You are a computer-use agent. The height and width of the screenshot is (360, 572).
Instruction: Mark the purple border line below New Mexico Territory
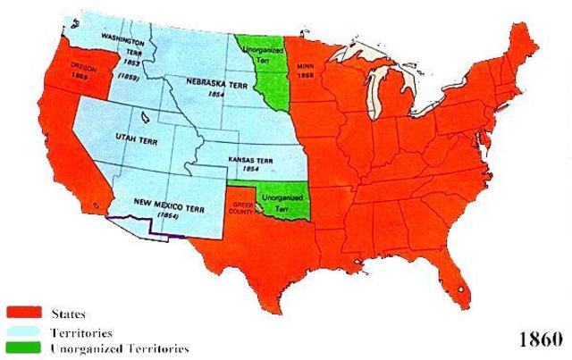[x=152, y=232]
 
